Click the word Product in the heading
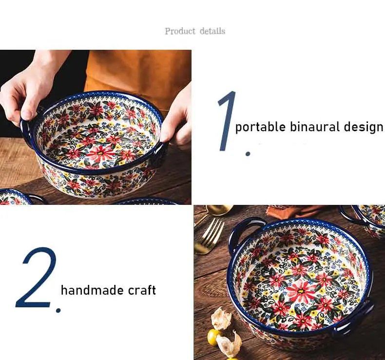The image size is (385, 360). pos(180,31)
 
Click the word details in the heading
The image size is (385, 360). pos(212,31)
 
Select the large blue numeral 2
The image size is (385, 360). pos(37,278)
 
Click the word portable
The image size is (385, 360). pos(261,127)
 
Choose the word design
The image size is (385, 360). pos(364,127)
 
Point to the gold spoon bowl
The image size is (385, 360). pos(218,210)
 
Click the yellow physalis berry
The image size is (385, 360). pos(213,337)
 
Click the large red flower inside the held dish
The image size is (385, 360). pos(100,154)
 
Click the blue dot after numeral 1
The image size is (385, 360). pos(248,154)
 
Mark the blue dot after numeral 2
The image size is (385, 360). pos(58,311)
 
